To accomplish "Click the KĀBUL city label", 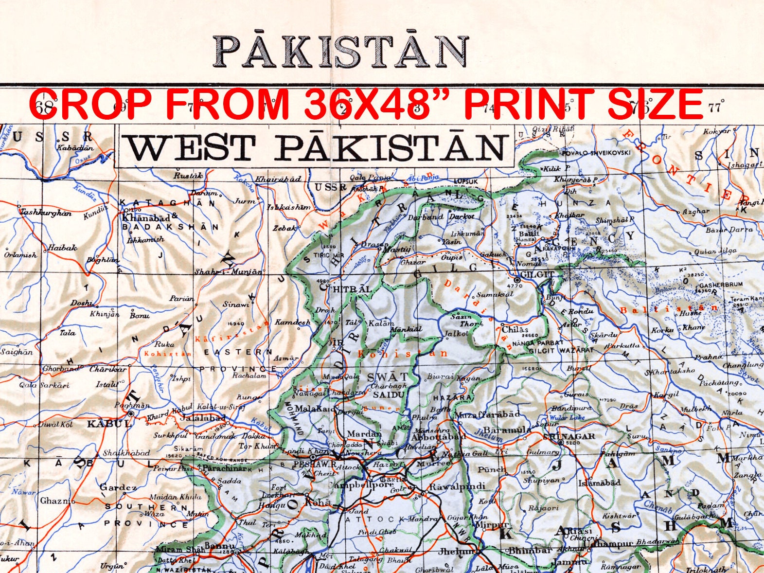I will click(103, 424).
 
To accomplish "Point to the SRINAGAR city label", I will click(569, 436).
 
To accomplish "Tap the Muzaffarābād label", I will click(488, 414).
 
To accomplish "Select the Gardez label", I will click(118, 487).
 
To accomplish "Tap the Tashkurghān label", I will click(45, 213).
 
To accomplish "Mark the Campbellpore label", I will click(361, 485).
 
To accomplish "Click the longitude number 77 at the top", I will click(714, 107).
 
